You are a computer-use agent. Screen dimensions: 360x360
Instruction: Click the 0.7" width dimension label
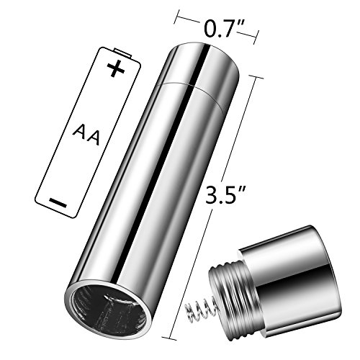224,28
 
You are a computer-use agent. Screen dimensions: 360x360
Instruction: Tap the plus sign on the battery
116,68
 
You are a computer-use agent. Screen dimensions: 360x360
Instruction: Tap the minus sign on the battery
58,203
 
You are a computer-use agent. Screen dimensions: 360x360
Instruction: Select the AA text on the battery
86,135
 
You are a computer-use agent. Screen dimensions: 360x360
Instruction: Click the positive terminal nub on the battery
122,53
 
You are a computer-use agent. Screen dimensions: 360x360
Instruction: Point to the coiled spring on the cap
200,310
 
